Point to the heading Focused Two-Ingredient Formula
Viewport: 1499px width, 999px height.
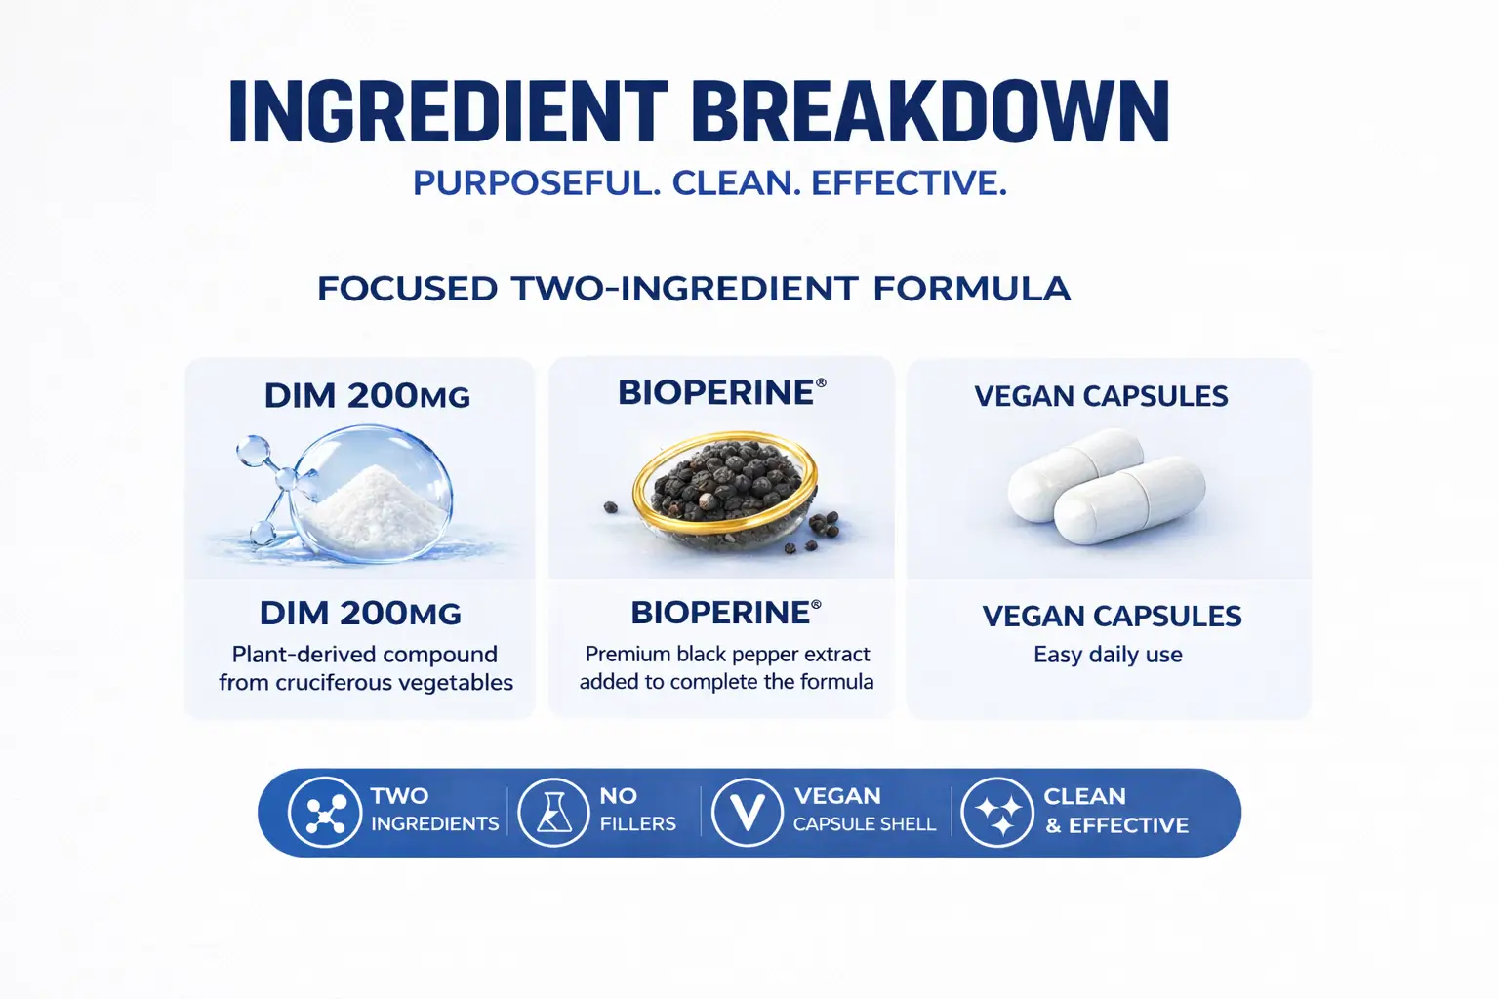(694, 289)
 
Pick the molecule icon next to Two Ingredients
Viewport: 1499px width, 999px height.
(325, 813)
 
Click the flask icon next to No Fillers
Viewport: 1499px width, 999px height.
(553, 813)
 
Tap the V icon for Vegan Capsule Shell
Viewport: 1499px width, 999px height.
(748, 813)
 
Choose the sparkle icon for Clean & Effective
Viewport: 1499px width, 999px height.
(997, 813)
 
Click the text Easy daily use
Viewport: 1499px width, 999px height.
(1108, 655)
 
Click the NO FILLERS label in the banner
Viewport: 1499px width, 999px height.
(637, 810)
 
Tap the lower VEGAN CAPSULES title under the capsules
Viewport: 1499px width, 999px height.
(1112, 617)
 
